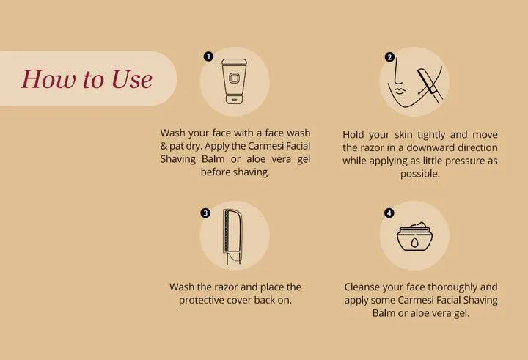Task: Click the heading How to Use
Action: [x=87, y=78]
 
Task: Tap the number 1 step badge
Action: [x=208, y=56]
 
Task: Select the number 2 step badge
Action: [x=389, y=57]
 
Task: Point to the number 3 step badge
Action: [x=205, y=213]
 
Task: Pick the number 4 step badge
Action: [x=389, y=213]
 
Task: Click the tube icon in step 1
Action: [x=235, y=81]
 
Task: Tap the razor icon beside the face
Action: [x=430, y=84]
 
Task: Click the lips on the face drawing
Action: [x=400, y=91]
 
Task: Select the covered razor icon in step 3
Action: [x=232, y=236]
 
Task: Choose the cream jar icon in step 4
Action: [x=414, y=236]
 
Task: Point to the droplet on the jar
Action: [x=414, y=242]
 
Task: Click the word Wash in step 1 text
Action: [x=172, y=133]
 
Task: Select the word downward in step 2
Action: [x=435, y=147]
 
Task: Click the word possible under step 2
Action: [x=420, y=174]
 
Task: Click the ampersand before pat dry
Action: [x=164, y=146]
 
